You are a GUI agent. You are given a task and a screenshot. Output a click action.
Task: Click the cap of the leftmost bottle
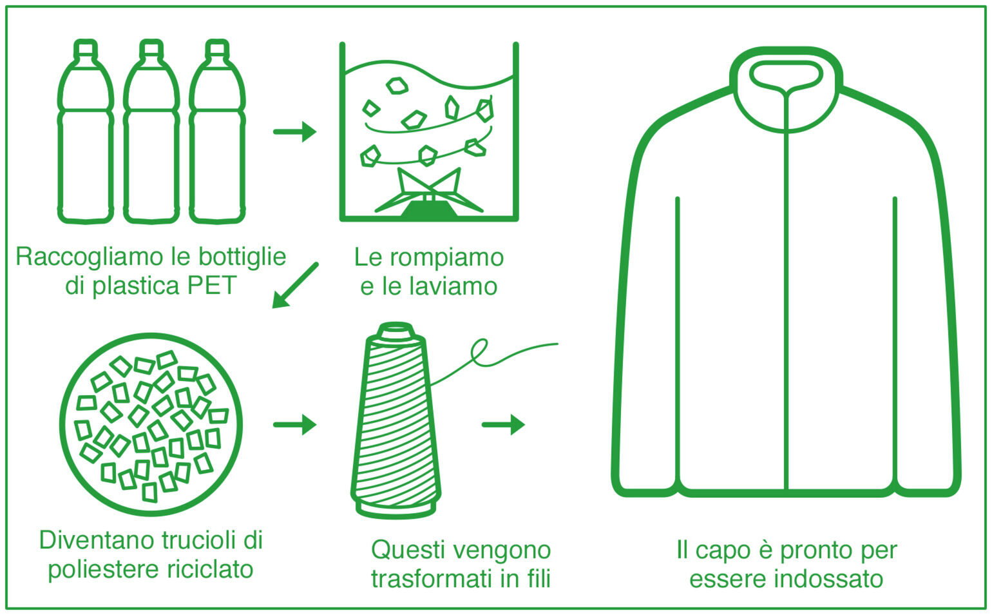tap(86, 49)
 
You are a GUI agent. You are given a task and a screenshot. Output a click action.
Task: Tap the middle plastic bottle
tap(151, 131)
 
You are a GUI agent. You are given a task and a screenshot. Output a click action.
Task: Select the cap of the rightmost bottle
tap(217, 49)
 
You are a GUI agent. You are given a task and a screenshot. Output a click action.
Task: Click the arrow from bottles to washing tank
tap(294, 132)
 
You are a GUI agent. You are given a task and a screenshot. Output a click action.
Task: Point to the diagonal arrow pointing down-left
tap(295, 286)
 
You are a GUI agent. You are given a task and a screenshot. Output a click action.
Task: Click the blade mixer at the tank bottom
tap(429, 193)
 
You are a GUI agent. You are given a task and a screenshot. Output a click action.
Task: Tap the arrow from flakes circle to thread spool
tap(294, 424)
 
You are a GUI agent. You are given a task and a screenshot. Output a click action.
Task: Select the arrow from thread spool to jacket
tap(503, 424)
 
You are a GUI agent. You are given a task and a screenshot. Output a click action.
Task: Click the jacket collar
tap(786, 88)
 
